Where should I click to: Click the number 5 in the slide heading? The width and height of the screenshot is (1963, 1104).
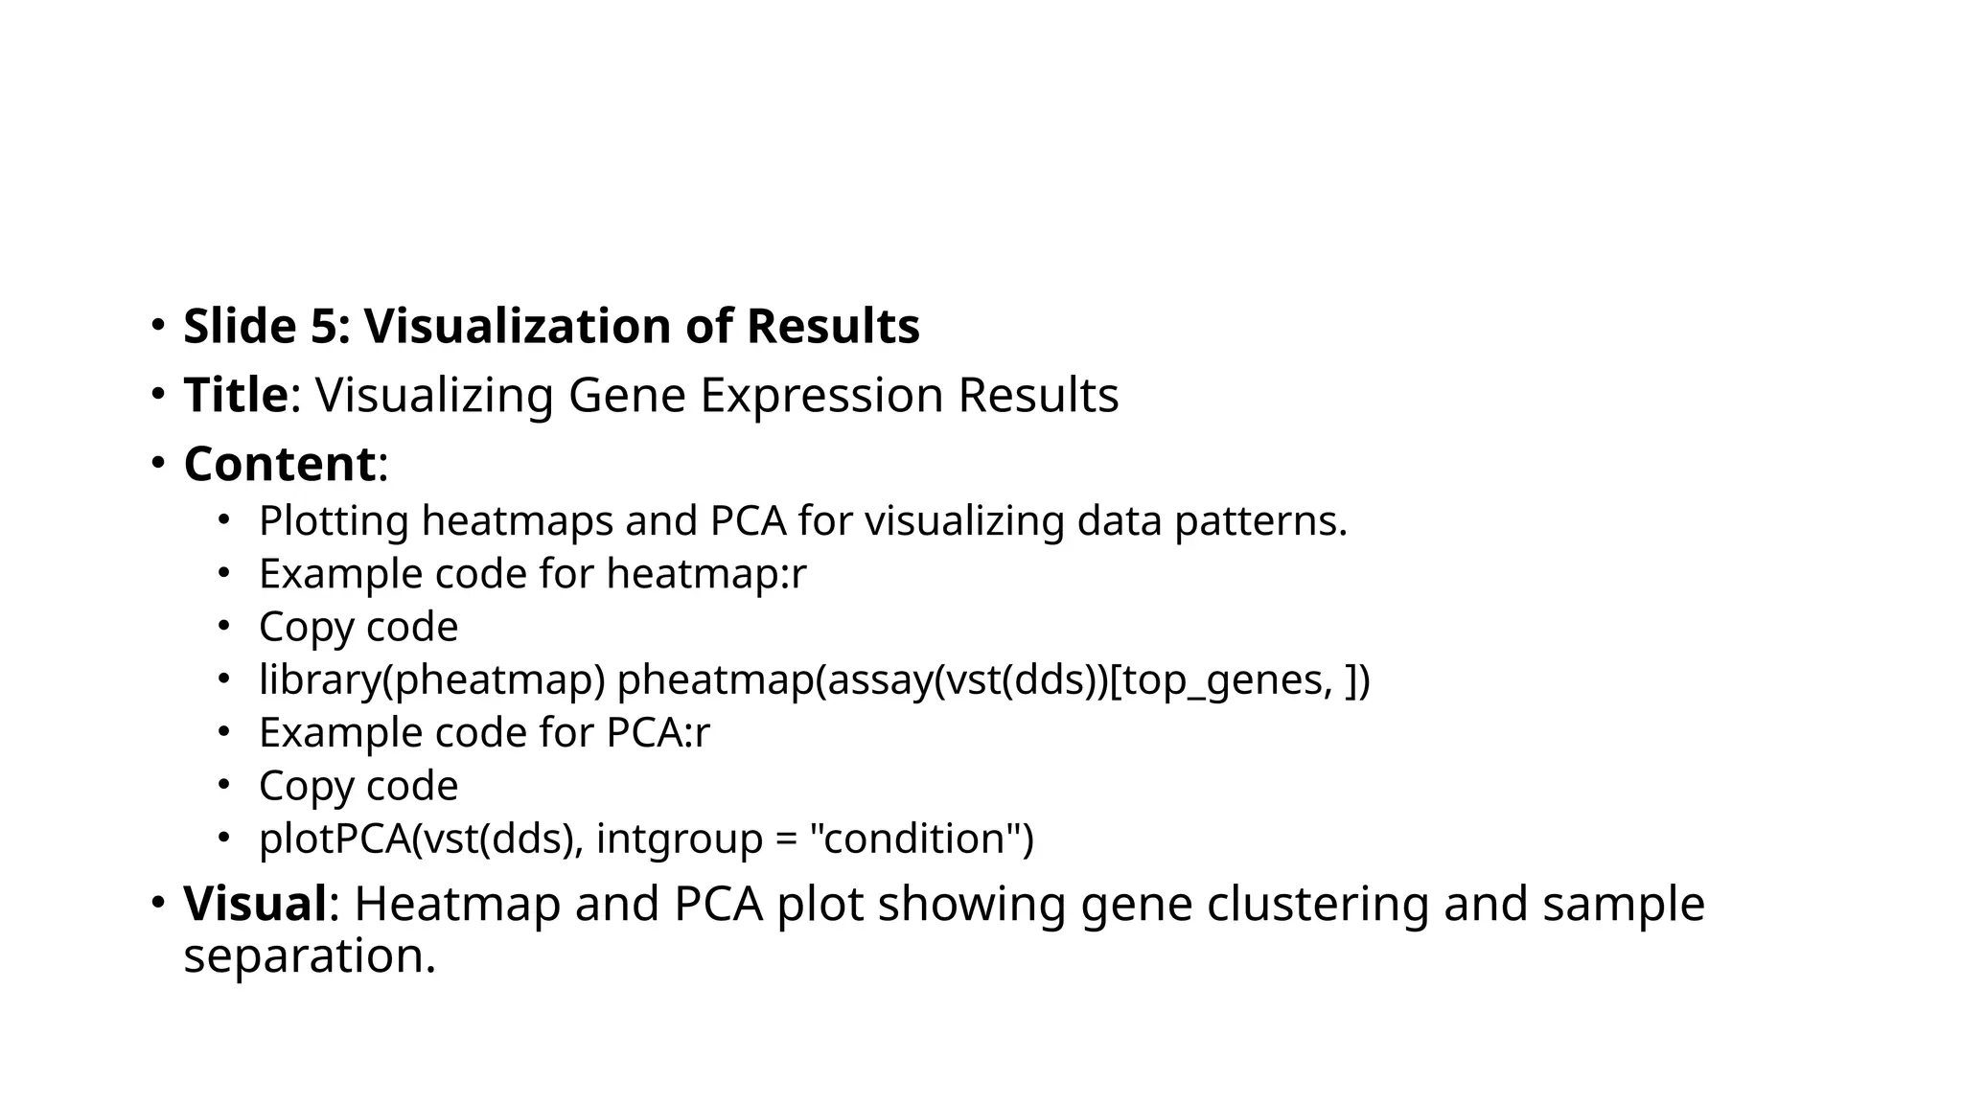(324, 327)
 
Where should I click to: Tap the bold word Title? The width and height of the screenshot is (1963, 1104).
(236, 395)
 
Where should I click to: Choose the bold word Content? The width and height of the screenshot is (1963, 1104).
(279, 465)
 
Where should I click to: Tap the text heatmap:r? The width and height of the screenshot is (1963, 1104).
(706, 575)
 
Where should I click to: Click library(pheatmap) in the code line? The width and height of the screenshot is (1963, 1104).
(432, 680)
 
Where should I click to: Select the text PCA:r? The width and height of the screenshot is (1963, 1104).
(658, 733)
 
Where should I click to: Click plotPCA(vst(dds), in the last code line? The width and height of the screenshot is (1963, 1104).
(421, 839)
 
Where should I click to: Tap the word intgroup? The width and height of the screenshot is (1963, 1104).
(679, 839)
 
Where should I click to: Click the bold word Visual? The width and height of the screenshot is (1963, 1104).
(255, 904)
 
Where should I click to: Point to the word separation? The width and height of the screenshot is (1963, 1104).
(309, 956)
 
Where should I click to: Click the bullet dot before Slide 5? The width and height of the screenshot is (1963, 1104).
(157, 326)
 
